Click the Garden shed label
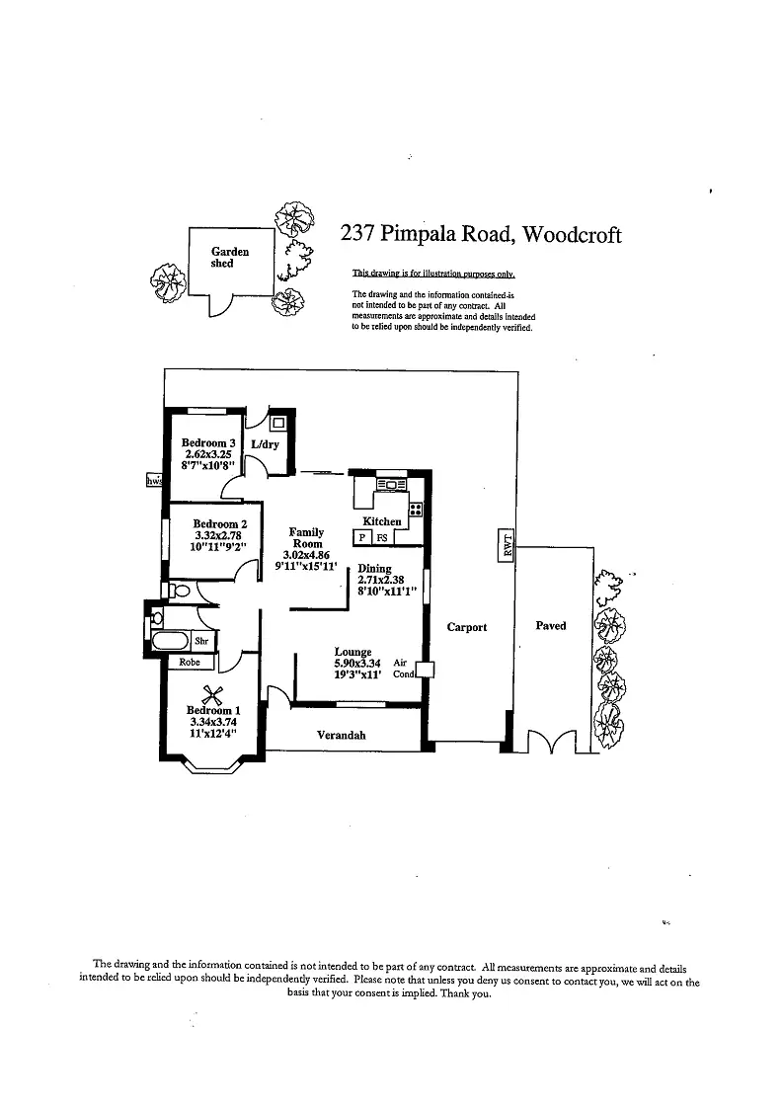click(x=229, y=258)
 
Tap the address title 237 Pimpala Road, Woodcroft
click(x=481, y=234)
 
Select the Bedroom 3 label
click(x=208, y=443)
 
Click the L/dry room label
click(x=265, y=444)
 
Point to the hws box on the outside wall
click(x=154, y=480)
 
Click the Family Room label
click(x=306, y=538)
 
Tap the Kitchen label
click(x=382, y=521)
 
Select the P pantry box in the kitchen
click(x=362, y=537)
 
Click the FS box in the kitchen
click(x=382, y=537)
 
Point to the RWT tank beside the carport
click(x=509, y=544)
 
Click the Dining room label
click(x=374, y=569)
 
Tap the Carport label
click(x=467, y=627)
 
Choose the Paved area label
click(x=550, y=625)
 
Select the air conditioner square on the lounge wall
click(x=425, y=669)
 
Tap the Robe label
click(x=190, y=663)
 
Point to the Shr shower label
click(x=198, y=641)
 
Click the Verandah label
click(x=342, y=735)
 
